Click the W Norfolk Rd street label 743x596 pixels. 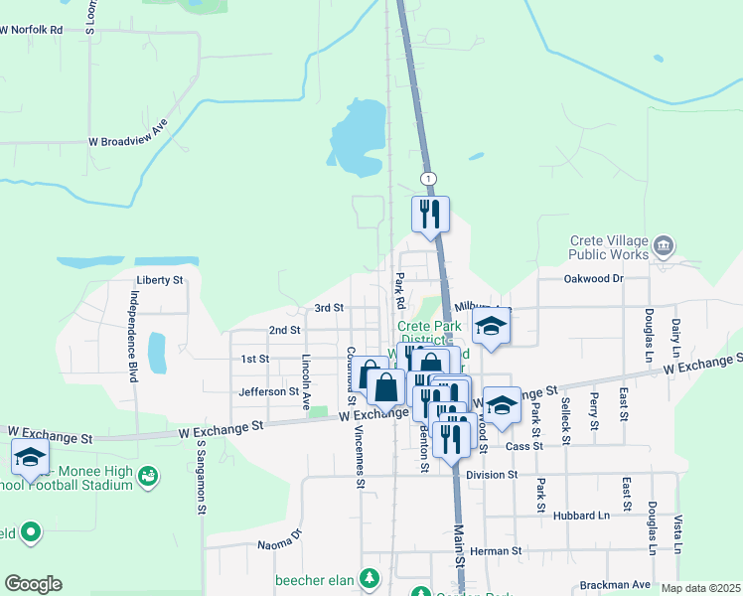point(32,30)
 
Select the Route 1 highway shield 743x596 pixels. point(428,178)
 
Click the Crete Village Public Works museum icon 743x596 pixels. point(665,244)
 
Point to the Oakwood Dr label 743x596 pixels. point(593,279)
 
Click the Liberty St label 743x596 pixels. point(160,281)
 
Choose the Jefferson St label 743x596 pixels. point(268,392)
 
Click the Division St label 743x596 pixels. point(492,476)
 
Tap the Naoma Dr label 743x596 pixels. point(279,539)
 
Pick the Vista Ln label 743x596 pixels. point(677,534)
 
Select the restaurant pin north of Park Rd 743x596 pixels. point(431,215)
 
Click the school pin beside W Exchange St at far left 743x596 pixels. point(30,458)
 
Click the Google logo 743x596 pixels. point(33,584)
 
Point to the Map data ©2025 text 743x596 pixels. point(700,588)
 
